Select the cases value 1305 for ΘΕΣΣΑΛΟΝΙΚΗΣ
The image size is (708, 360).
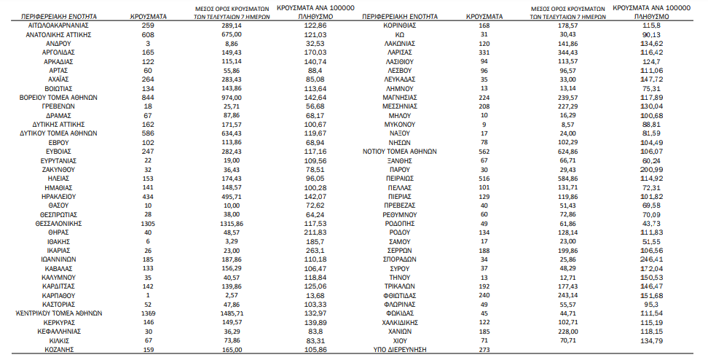[149, 224]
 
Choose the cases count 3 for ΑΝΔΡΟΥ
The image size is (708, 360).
[149, 44]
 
